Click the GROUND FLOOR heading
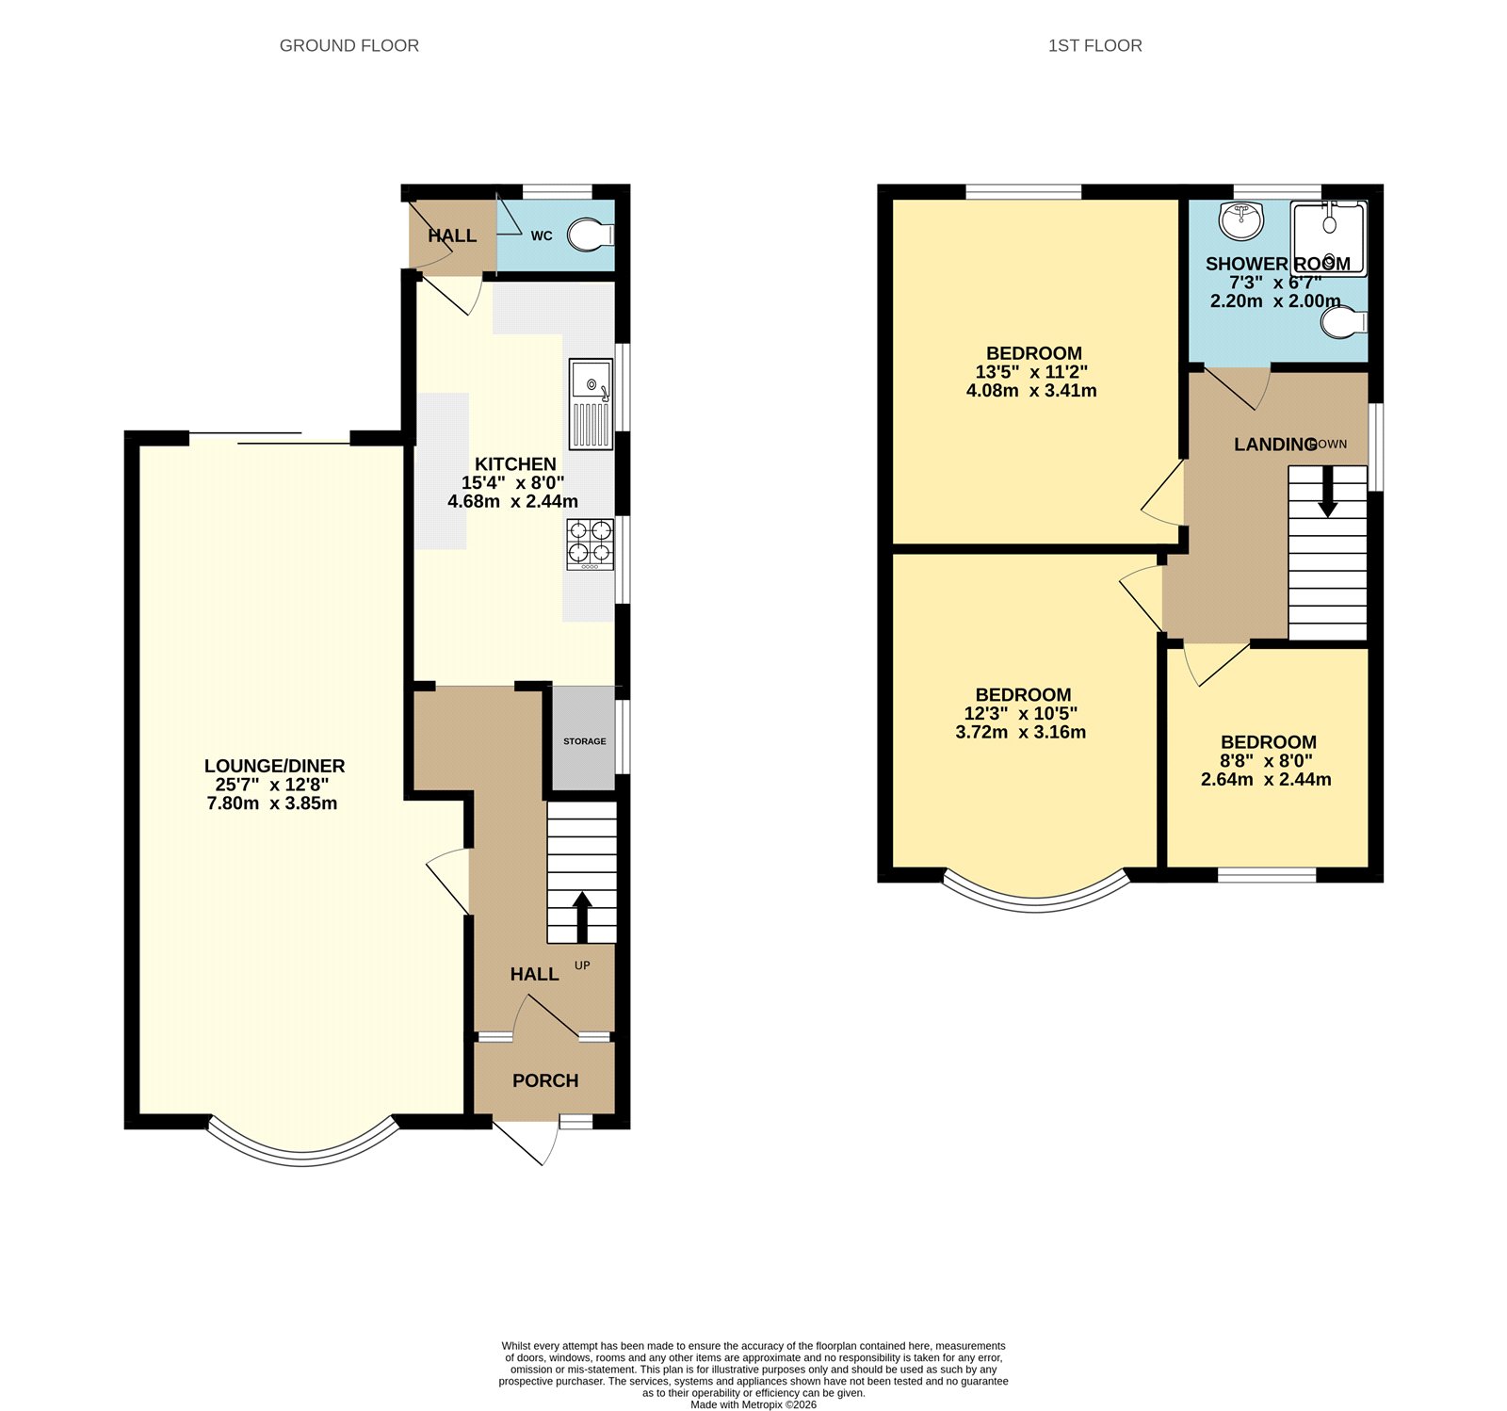pyautogui.click(x=348, y=45)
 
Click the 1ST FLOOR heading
pyautogui.click(x=1094, y=45)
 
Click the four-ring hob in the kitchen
pyautogui.click(x=590, y=543)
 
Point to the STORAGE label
pyautogui.click(x=584, y=741)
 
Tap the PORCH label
pyautogui.click(x=545, y=1080)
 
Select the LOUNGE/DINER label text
pyautogui.click(x=274, y=766)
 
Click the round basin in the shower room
pyautogui.click(x=1240, y=220)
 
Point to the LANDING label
pyautogui.click(x=1274, y=444)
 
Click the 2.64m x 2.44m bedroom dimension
pyautogui.click(x=1266, y=779)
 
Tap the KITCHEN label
pyautogui.click(x=515, y=463)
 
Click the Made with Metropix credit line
pyautogui.click(x=753, y=1404)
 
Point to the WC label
pyautogui.click(x=541, y=235)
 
